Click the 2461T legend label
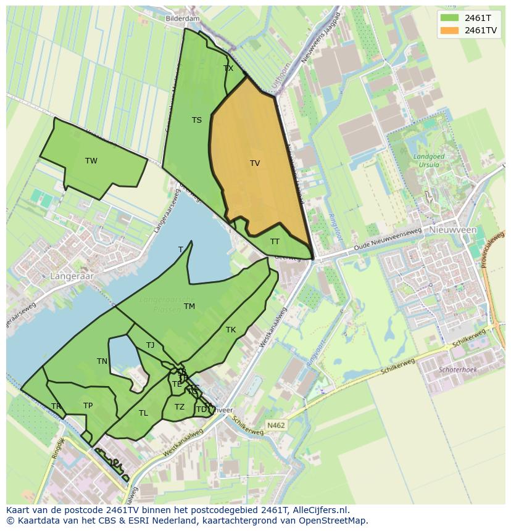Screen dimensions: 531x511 click(478, 17)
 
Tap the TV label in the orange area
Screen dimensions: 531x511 click(255, 163)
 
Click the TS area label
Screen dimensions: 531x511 click(196, 120)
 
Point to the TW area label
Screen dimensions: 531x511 click(91, 161)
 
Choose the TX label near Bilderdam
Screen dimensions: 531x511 click(228, 68)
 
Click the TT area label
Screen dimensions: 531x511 click(275, 241)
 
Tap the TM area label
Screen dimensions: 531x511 click(189, 307)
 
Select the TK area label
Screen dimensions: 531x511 click(231, 330)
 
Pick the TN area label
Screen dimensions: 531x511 click(102, 361)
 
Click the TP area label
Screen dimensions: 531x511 click(88, 406)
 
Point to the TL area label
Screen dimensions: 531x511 click(143, 413)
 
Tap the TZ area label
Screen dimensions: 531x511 click(179, 407)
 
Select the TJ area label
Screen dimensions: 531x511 click(151, 345)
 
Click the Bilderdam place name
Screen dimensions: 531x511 click(183, 19)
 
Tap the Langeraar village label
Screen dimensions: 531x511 click(72, 276)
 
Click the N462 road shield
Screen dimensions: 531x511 click(275, 425)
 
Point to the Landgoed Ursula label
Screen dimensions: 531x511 click(429, 161)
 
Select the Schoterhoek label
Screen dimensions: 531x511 click(457, 369)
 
